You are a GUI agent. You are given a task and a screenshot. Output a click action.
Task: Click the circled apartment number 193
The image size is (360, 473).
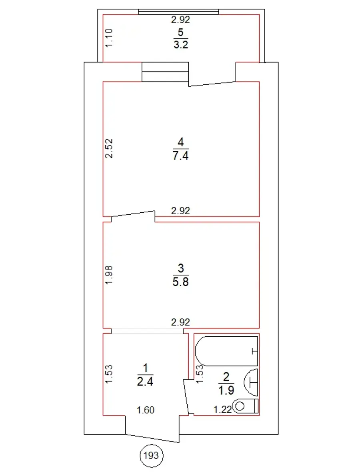152,455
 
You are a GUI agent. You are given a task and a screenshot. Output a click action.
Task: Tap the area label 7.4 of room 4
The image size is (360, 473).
180,156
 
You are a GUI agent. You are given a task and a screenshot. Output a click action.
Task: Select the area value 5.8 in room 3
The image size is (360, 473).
180,282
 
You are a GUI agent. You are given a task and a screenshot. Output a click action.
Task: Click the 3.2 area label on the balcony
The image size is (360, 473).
181,45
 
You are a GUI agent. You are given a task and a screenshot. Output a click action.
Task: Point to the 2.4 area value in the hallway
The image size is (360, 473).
145,381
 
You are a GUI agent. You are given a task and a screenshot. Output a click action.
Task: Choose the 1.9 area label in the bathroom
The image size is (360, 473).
226,390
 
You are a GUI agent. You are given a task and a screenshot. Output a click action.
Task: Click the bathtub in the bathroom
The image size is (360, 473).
226,351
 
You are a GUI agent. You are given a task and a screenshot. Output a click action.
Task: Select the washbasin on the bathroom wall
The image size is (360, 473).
251,382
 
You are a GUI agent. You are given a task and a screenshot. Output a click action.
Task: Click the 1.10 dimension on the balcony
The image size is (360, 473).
109,38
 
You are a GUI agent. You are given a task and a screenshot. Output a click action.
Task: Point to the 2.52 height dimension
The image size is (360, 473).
109,148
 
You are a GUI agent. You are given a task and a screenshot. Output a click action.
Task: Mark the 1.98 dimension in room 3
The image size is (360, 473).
109,275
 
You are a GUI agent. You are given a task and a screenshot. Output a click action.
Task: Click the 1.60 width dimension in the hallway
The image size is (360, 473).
146,410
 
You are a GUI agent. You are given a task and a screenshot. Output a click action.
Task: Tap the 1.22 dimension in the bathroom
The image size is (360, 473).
222,409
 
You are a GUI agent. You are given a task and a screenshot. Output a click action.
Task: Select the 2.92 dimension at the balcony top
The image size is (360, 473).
180,20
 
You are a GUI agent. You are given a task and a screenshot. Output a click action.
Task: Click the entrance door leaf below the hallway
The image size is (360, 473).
152,438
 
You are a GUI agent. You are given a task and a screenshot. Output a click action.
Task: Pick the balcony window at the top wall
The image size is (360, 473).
178,12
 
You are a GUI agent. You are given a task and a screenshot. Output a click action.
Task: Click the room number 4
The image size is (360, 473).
180,142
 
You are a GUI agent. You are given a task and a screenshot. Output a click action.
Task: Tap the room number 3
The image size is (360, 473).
180,268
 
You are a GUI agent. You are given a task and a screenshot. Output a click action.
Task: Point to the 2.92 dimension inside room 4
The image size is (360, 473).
180,211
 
